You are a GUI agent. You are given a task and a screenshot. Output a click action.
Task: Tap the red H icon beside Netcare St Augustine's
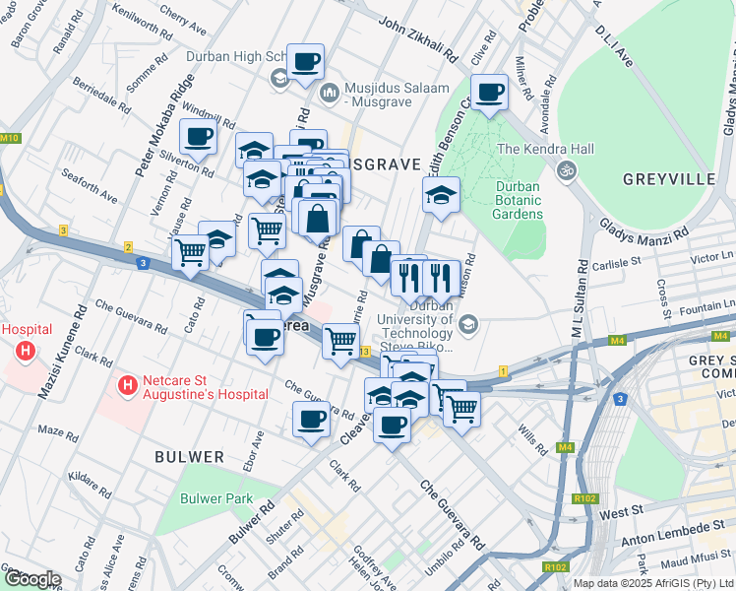click(x=126, y=386)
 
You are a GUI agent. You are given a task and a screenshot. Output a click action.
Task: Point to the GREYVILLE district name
click(x=668, y=179)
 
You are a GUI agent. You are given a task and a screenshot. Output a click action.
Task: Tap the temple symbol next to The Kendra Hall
click(x=567, y=170)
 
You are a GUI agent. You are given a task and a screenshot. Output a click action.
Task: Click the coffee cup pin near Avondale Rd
click(x=489, y=94)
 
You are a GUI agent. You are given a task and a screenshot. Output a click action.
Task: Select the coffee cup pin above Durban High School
click(x=305, y=61)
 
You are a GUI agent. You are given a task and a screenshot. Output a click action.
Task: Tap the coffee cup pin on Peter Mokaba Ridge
click(x=199, y=137)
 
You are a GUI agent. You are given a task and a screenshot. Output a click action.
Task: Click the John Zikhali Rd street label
click(x=418, y=36)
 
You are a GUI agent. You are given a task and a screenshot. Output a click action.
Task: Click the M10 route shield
click(x=10, y=138)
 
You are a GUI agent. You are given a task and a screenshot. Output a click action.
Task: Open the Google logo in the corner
click(x=32, y=578)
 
